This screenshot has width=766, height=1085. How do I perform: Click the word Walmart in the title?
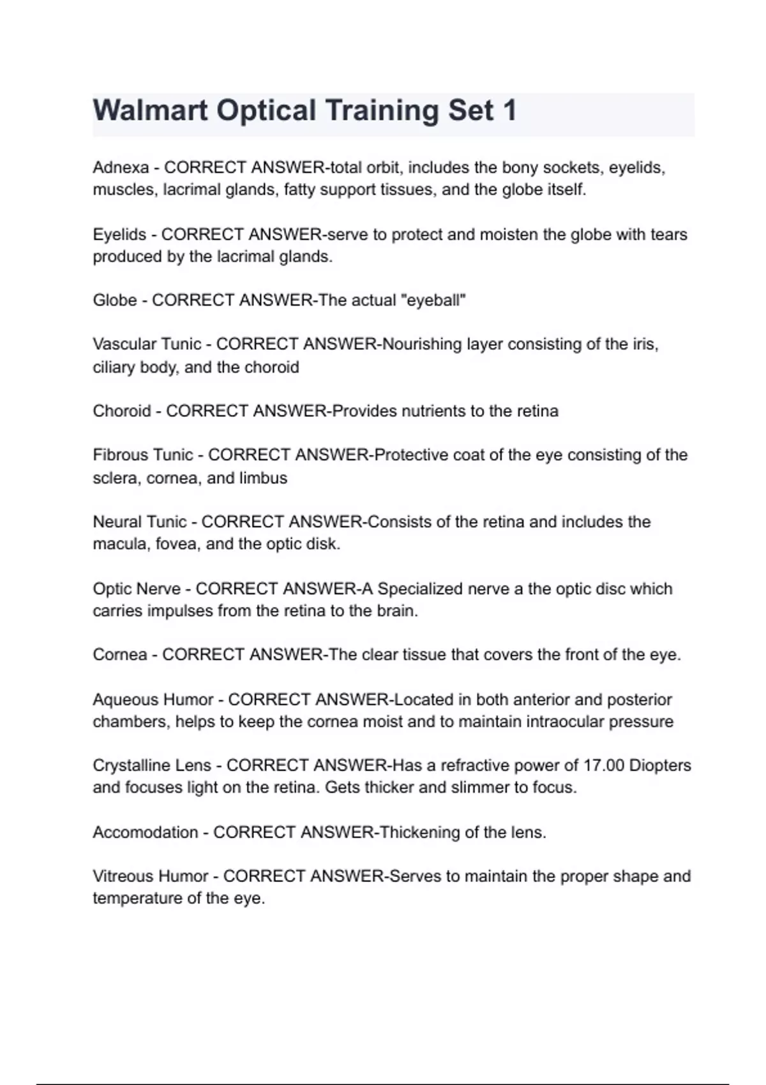tap(150, 110)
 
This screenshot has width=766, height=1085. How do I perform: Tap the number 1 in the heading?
tap(509, 110)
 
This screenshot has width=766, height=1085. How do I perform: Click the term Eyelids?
tap(119, 235)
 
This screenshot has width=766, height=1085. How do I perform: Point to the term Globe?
tap(115, 300)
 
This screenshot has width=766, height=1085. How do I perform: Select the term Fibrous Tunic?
tap(142, 455)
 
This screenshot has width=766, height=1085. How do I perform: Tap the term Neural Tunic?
tap(140, 522)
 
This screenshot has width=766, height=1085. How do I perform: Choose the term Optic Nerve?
tap(137, 588)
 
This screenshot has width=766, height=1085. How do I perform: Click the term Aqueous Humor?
tap(153, 700)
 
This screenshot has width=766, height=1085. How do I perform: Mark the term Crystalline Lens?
tap(152, 765)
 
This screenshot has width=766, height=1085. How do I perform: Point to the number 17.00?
tap(604, 765)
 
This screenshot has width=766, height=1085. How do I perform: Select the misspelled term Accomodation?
tap(145, 832)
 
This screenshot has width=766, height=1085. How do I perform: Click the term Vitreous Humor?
tap(151, 876)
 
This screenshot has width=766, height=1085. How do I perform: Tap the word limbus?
tap(263, 478)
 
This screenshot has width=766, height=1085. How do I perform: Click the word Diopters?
tap(660, 765)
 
